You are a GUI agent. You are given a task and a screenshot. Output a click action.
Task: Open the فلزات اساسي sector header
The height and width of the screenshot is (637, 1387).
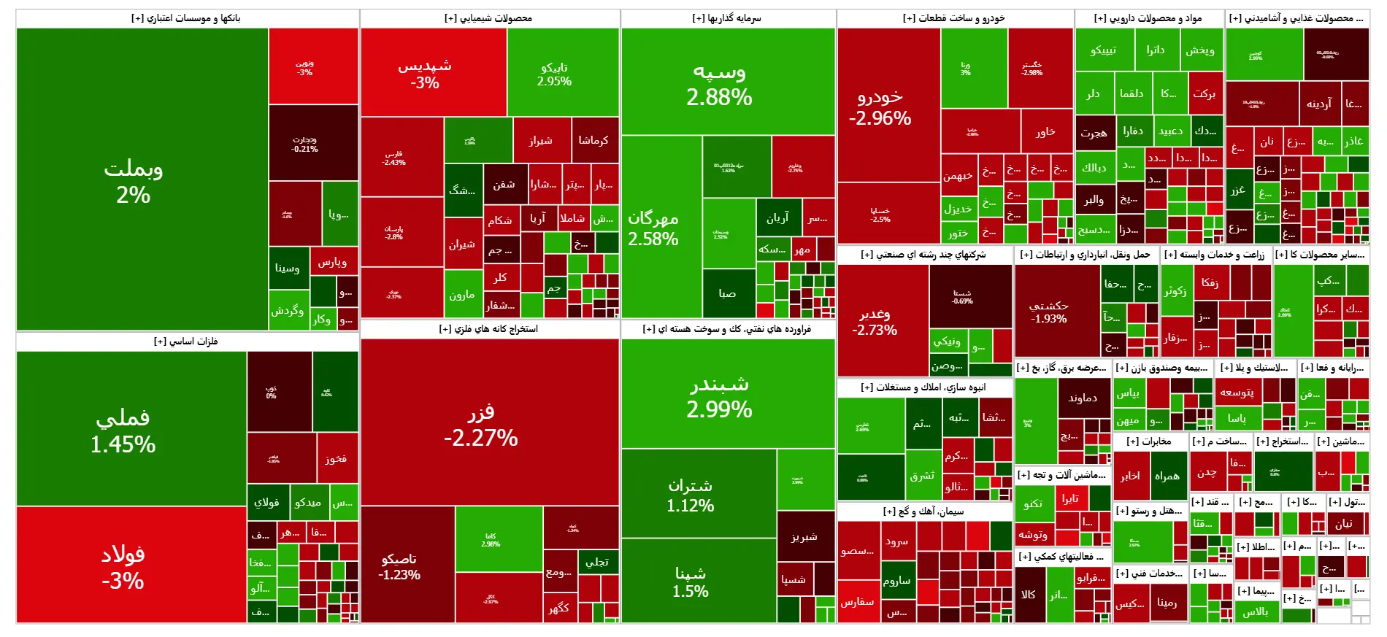(186, 341)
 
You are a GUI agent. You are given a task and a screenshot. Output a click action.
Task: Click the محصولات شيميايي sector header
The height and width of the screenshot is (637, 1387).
(488, 18)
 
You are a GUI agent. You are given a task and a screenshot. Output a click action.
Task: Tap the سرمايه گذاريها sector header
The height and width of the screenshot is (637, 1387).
(727, 18)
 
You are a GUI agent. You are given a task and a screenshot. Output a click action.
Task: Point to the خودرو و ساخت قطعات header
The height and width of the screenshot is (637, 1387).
(954, 18)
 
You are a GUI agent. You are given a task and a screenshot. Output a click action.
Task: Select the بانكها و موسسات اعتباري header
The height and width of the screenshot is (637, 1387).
(186, 18)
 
